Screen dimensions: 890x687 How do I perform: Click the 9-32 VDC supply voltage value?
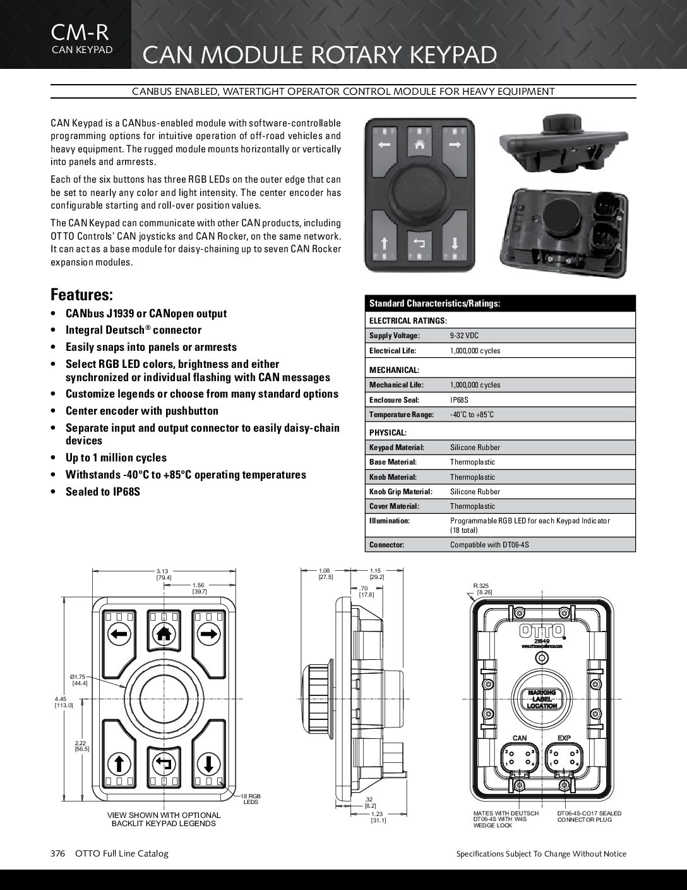[464, 336]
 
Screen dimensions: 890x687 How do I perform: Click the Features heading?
[82, 295]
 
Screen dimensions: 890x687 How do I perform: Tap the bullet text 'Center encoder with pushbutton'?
[142, 411]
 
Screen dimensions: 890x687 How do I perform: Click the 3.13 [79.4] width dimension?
[163, 574]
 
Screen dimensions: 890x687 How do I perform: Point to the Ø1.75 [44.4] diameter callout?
[80, 680]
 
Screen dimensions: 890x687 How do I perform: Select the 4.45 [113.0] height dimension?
[64, 702]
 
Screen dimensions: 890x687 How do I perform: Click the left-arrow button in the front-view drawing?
[119, 633]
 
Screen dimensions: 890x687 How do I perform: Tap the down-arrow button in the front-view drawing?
[208, 761]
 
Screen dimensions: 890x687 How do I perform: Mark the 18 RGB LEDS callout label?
[251, 799]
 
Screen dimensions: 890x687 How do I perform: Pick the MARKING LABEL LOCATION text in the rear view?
[542, 699]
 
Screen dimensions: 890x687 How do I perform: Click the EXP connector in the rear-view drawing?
[563, 757]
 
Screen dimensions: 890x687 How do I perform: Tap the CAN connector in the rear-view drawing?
[519, 757]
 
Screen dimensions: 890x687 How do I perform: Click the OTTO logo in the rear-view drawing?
[542, 630]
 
